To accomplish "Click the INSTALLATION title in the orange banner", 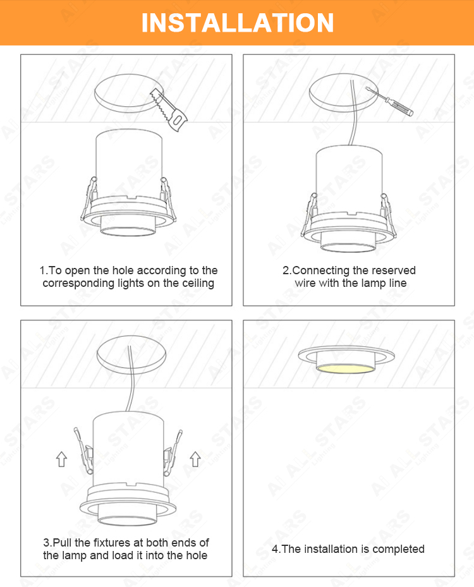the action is [238, 23].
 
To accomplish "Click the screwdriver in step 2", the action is [389, 100].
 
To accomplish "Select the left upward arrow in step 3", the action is [61, 459].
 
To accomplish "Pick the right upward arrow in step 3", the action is [195, 459].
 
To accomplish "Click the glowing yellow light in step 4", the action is [345, 368].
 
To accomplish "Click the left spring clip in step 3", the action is [84, 451].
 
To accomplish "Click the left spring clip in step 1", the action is [89, 198].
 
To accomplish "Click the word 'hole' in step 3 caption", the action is [197, 555].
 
